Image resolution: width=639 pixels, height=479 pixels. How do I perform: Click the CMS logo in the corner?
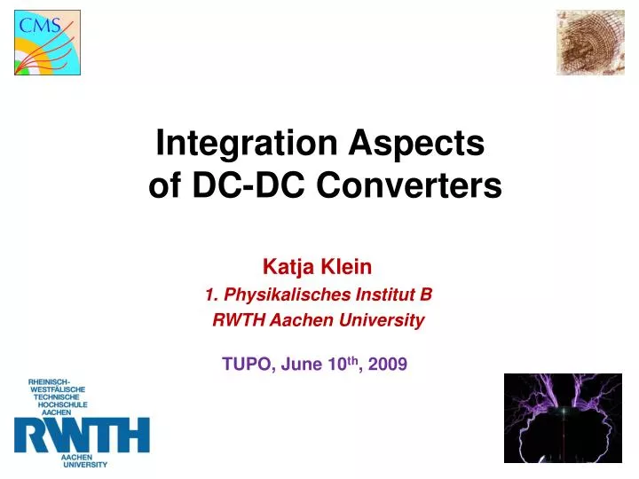(x=47, y=42)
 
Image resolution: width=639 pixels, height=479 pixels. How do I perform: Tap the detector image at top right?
(x=589, y=42)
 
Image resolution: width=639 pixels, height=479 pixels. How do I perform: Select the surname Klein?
(x=350, y=265)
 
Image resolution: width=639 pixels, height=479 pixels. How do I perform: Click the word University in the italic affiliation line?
(x=385, y=321)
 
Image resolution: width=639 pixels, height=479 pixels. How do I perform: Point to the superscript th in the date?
(x=353, y=359)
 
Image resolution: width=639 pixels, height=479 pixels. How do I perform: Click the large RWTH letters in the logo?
(x=82, y=436)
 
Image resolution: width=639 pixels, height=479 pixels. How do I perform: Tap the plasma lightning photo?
(x=563, y=418)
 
